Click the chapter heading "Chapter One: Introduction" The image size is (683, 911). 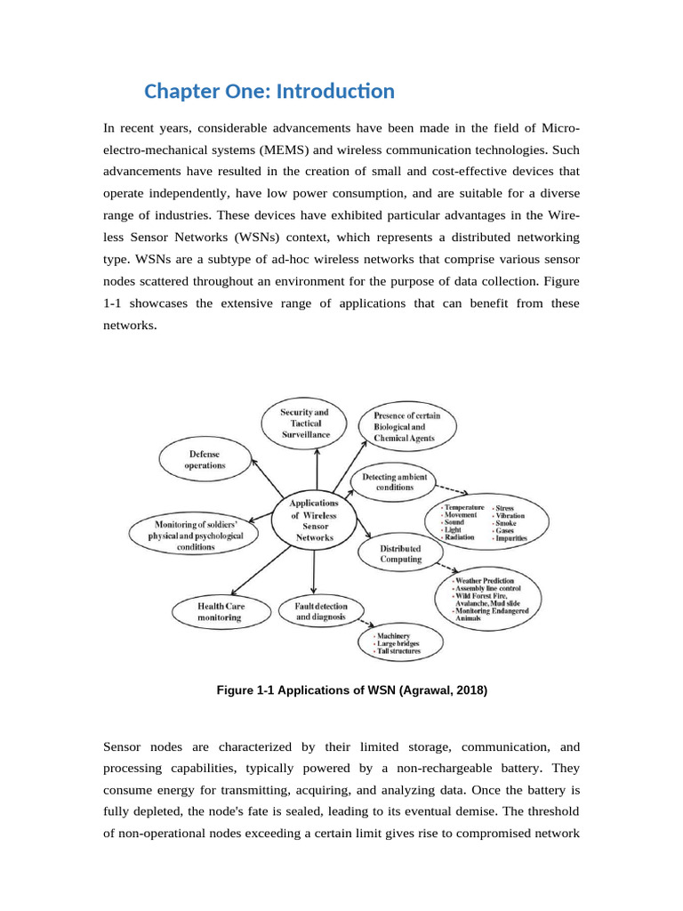point(269,92)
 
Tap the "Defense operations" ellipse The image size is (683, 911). point(205,460)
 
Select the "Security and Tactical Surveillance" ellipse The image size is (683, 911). point(304,423)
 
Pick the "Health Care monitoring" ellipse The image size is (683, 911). point(221,611)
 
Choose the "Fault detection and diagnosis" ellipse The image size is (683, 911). point(316,611)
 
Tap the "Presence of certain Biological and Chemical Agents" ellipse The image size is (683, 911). point(406,426)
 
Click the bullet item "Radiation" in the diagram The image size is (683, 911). point(459,538)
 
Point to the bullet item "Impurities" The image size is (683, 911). point(511,538)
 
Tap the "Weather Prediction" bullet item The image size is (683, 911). point(485,581)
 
